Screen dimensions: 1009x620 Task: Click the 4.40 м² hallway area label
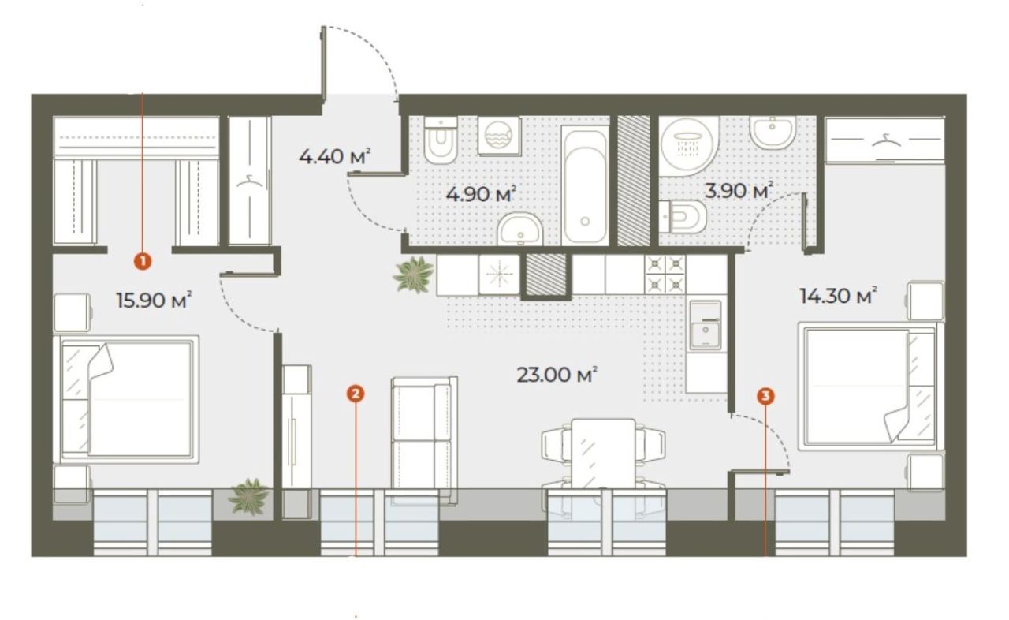(335, 156)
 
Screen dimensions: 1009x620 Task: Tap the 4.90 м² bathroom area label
(481, 194)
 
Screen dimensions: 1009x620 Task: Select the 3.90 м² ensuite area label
(739, 190)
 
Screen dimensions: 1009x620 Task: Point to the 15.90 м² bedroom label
(154, 300)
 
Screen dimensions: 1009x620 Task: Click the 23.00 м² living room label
(557, 375)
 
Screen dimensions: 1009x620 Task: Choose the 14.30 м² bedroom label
(838, 296)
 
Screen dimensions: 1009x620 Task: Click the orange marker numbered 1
(143, 261)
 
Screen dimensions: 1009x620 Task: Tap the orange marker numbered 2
(356, 394)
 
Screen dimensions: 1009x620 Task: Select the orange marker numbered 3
(765, 396)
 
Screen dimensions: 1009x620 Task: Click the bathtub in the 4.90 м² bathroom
(585, 185)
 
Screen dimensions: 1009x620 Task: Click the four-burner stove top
(665, 275)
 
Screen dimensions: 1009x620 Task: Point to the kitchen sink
(706, 325)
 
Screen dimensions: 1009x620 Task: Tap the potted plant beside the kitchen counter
(414, 275)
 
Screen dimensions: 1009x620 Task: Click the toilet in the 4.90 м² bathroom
(441, 140)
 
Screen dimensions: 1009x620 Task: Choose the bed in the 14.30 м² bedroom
(870, 387)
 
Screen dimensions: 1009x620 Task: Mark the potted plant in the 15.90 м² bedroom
(248, 496)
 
